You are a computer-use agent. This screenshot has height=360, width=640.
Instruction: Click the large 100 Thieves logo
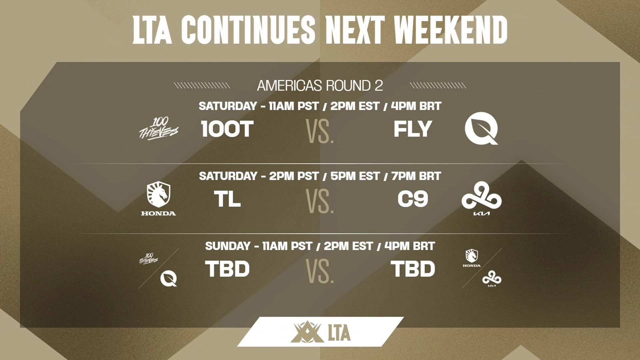coord(159,129)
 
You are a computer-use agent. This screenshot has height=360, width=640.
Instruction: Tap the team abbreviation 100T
coord(227,129)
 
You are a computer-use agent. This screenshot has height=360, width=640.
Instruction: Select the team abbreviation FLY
coord(413,129)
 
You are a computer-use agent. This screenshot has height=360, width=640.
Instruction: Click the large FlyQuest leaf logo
coord(481,128)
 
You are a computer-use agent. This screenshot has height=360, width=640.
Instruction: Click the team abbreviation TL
coord(227,199)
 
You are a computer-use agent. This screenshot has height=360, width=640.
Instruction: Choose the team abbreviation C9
coord(413,199)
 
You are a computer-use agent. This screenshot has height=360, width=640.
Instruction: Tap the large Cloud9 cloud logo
coord(481,195)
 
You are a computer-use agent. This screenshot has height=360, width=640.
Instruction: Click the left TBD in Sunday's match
coord(227,269)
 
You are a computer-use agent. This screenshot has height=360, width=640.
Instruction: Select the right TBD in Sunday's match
coord(413,269)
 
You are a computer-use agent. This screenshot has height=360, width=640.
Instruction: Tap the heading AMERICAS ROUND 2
coord(320,86)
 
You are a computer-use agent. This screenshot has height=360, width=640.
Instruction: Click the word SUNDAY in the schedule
coord(228,246)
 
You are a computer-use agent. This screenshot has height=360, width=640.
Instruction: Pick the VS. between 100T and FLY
coord(320,132)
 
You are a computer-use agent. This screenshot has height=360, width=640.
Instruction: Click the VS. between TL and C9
coord(320,201)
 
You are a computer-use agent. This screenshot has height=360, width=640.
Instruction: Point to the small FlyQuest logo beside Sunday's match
coord(169,279)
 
